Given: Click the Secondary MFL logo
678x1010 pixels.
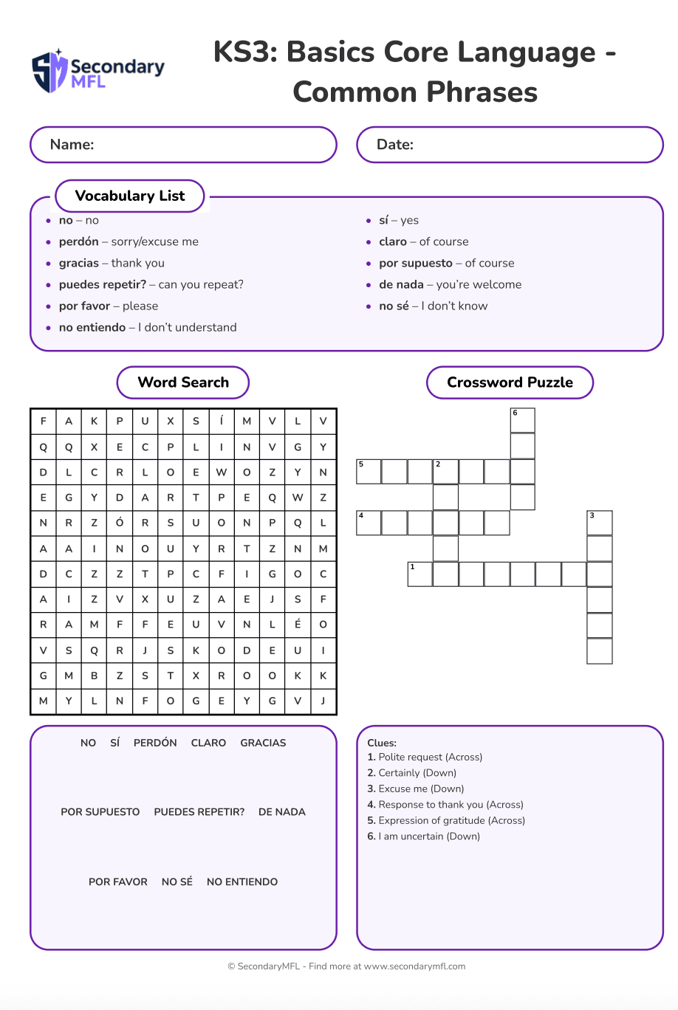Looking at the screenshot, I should point(97,72).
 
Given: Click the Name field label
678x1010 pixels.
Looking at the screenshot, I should point(72,145).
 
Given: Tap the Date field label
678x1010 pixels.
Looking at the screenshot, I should point(394,145).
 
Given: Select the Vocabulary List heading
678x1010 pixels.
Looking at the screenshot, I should point(130,196).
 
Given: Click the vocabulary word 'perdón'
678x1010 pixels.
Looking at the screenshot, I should point(79,241).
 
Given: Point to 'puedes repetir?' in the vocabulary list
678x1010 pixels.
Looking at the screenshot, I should point(103,284).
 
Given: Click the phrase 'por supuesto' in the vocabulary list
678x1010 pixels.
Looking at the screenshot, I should point(416,263).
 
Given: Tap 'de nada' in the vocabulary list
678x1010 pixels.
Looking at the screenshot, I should point(401,284).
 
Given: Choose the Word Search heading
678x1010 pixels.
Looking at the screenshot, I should point(183,382).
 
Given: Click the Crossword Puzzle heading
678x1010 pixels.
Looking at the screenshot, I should point(510,382).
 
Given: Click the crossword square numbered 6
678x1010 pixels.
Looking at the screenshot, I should point(522,420).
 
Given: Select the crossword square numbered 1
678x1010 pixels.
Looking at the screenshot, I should point(420,574).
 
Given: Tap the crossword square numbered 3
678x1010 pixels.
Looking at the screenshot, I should point(600,523).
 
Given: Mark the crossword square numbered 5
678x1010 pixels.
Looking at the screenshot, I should point(369,472).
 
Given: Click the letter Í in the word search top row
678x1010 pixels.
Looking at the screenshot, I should point(222,421).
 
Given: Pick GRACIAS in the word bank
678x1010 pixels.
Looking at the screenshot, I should point(263,743).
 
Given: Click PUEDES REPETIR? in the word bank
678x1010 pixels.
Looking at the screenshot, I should point(199,812).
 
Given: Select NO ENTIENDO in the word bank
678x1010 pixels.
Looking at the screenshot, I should point(242,882).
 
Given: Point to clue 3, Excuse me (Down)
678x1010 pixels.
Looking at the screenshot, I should point(416,789).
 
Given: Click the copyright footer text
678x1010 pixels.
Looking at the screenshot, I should point(346,966).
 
